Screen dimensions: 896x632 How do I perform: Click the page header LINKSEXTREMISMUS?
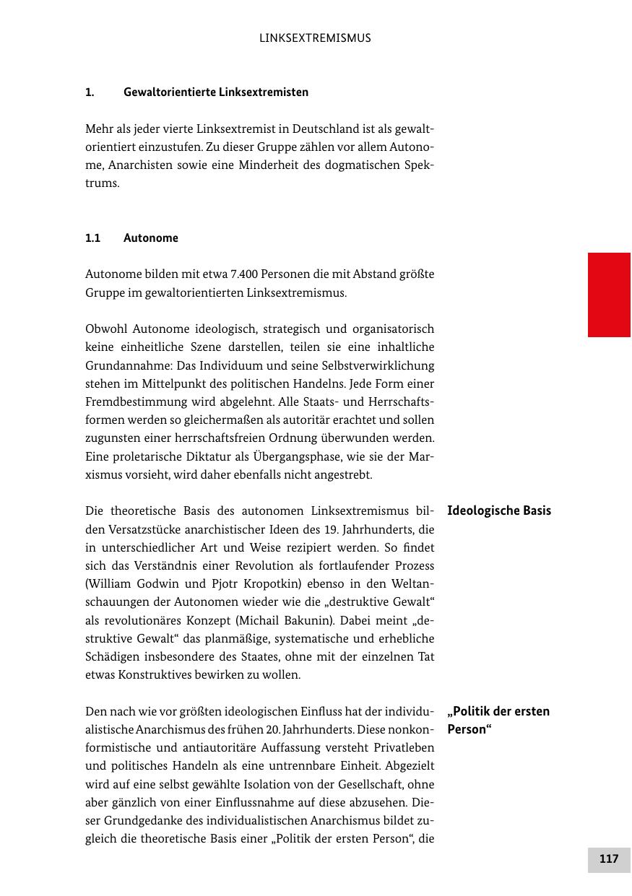point(315,38)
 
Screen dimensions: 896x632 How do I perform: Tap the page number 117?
point(609,859)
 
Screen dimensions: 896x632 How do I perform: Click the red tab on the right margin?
point(609,295)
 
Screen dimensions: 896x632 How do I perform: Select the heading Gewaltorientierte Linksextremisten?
point(216,92)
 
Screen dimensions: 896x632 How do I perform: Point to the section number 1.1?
point(92,238)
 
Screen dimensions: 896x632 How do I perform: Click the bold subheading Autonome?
point(151,238)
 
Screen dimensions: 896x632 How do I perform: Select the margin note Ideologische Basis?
point(499,511)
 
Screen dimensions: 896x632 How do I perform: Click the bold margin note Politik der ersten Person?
point(498,720)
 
